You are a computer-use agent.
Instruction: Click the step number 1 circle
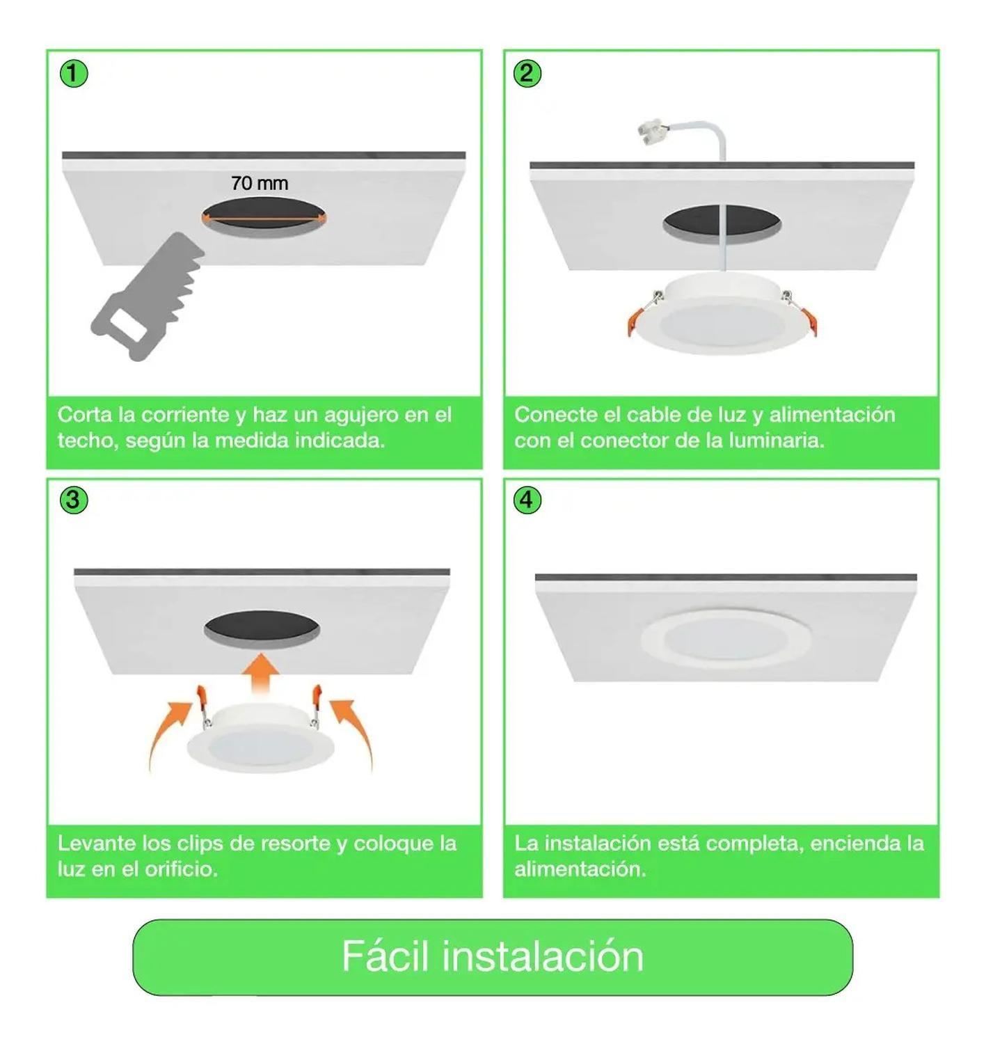coord(74,73)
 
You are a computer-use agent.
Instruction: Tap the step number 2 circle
coord(527,73)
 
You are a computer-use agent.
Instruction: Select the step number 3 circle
coord(74,500)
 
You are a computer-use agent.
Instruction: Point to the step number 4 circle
coord(527,500)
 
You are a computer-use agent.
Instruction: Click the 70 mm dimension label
coord(260,183)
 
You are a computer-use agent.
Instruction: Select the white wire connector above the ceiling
coord(651,132)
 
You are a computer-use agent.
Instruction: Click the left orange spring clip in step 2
coord(635,321)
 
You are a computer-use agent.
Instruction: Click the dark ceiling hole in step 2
coord(722,223)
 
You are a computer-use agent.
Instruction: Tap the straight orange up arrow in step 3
coord(261,672)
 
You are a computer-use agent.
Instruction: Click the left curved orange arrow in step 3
coord(168,731)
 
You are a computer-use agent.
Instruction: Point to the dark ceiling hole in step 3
coord(262,628)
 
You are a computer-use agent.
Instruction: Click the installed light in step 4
coord(726,637)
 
